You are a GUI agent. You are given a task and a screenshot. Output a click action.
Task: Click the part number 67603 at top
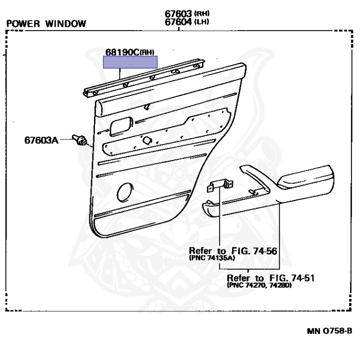(x=178, y=14)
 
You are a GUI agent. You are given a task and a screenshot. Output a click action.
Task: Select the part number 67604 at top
(x=178, y=22)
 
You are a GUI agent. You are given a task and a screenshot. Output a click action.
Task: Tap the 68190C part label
(x=123, y=52)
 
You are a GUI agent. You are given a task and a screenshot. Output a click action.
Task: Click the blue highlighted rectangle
(x=130, y=62)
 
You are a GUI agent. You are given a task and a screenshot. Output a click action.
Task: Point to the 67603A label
(x=41, y=140)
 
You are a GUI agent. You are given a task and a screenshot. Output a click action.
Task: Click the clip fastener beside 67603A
(x=79, y=140)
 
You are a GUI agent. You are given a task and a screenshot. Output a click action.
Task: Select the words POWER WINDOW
(x=46, y=24)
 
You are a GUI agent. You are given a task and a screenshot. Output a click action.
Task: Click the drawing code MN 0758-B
(x=329, y=331)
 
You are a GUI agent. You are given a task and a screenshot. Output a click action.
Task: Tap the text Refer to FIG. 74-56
(x=233, y=251)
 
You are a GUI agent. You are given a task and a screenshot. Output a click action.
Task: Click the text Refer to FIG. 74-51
(x=270, y=278)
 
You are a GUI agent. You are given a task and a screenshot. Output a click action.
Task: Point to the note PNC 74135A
(x=212, y=258)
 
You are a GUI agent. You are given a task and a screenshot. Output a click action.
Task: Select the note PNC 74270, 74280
(x=259, y=285)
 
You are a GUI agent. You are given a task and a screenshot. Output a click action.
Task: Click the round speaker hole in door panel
(x=125, y=192)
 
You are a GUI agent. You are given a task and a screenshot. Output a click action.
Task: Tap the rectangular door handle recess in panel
(x=121, y=126)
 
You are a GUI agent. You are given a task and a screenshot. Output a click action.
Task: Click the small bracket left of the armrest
(x=220, y=186)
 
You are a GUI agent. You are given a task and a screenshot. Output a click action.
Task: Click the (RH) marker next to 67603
(x=202, y=14)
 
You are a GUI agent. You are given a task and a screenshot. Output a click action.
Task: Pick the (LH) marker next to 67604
(x=202, y=22)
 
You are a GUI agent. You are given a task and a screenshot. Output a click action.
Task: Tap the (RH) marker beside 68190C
(x=147, y=53)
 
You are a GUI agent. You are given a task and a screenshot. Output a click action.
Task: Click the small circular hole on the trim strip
(x=147, y=140)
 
